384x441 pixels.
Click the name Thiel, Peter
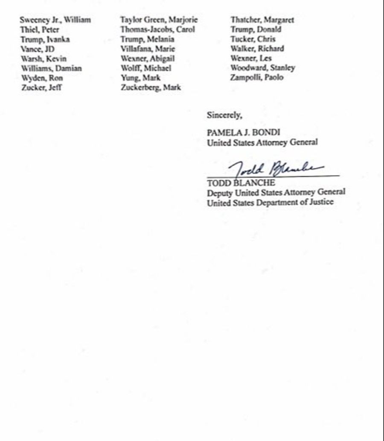tap(40, 30)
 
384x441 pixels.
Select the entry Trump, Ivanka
tap(45, 40)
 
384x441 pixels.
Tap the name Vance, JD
tap(38, 49)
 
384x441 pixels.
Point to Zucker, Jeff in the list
tap(41, 88)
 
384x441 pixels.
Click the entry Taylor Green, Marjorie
tap(159, 20)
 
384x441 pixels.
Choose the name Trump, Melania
tap(147, 39)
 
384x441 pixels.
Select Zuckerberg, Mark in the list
tap(151, 88)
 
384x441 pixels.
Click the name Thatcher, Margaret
tap(262, 20)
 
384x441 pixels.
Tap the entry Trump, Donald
tap(256, 29)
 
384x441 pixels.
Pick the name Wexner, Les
tap(251, 59)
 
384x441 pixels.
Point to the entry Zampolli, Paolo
tap(257, 78)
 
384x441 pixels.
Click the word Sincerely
tap(224, 115)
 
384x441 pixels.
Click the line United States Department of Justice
tap(270, 203)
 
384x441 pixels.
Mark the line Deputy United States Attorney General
tap(276, 193)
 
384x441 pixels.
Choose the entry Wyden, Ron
tap(42, 78)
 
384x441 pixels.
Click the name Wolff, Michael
tap(145, 68)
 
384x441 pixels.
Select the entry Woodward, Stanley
tap(262, 68)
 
